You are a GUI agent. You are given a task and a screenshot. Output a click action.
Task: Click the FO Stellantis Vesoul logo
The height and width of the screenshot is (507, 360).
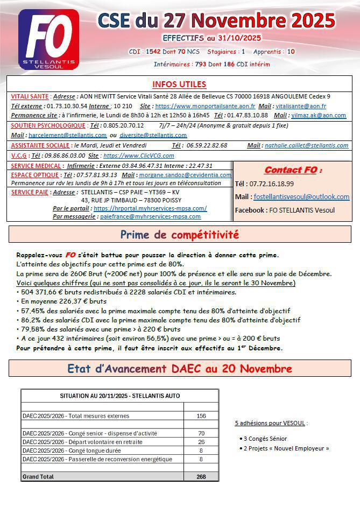(x=48, y=39)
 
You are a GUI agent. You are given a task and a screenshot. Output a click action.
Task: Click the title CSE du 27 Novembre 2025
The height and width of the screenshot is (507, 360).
(x=216, y=21)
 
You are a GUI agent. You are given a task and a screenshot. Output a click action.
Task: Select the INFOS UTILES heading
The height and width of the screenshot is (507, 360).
(x=179, y=84)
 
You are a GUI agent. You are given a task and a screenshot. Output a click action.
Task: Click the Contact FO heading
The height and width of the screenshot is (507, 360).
(x=293, y=171)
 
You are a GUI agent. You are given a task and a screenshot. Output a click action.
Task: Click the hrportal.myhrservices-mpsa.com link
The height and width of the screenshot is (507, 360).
(x=150, y=208)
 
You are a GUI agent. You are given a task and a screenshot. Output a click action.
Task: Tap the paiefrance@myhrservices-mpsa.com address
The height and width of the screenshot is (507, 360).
(x=150, y=216)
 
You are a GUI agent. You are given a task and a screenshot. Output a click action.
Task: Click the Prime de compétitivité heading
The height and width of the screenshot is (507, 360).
(x=179, y=235)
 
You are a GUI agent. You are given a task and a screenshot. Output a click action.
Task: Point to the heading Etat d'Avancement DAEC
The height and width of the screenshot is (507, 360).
(x=179, y=369)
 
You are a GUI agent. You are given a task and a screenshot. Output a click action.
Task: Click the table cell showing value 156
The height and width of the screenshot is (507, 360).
(x=201, y=416)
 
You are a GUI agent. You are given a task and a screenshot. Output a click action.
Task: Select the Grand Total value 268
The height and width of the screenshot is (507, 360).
(x=201, y=476)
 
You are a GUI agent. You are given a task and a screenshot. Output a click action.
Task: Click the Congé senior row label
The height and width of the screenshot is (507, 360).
(x=90, y=433)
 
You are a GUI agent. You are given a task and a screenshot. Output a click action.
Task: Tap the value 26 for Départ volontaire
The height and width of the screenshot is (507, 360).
(x=201, y=442)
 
